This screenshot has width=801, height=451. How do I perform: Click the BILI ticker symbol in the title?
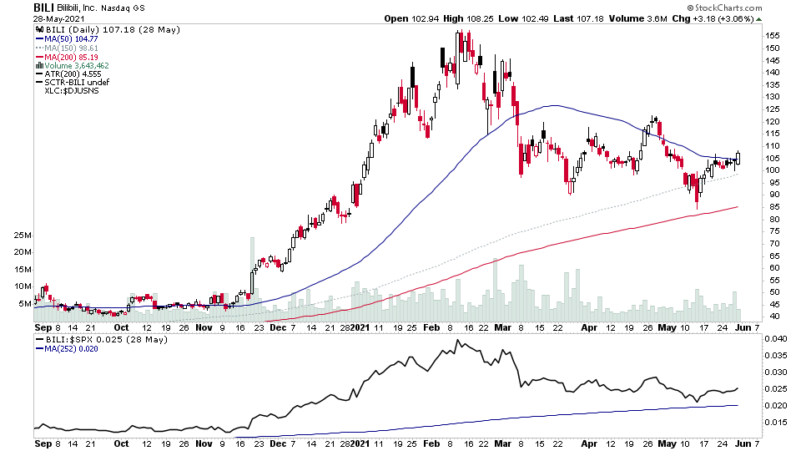coord(43,7)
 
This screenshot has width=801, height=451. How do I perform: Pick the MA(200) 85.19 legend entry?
coord(70,58)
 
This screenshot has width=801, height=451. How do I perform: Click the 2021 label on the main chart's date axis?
coord(360,327)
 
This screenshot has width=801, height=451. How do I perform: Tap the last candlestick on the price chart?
coord(738,157)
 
